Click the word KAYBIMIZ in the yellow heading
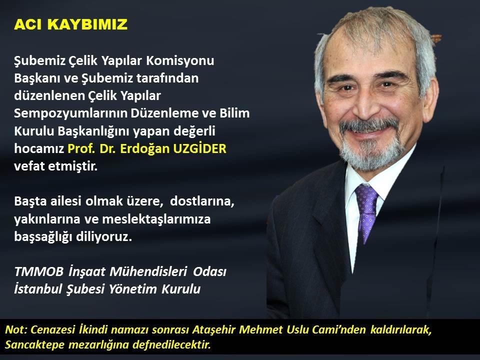tap(87, 24)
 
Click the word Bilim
tap(234, 113)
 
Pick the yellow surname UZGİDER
tap(199, 148)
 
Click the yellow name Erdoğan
tap(145, 149)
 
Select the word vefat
tap(27, 166)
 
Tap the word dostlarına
tap(202, 201)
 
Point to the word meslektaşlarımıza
tap(156, 219)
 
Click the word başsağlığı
tap(43, 237)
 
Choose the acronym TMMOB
tap(39, 271)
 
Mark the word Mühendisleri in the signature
tap(148, 271)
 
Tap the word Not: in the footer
tap(16, 329)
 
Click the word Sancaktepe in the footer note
tap(34, 344)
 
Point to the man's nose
tap(365, 104)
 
